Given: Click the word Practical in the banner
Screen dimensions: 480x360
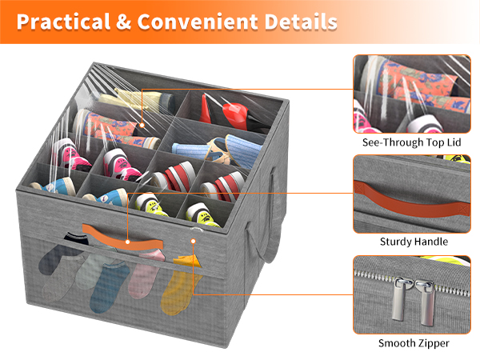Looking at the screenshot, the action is tap(64, 22).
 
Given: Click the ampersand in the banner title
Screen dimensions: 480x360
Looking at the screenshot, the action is tap(124, 22).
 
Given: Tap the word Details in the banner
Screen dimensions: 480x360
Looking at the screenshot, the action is tap(301, 22).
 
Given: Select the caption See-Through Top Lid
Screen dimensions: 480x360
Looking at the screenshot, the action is tap(412, 142).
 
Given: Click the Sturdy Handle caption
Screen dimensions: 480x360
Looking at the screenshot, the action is tap(414, 242).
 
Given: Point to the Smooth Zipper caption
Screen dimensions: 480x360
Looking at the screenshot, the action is tap(414, 343).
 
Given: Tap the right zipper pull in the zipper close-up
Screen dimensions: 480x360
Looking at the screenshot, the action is tap(426, 302).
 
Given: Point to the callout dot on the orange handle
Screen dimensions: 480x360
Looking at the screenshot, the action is tap(128, 242).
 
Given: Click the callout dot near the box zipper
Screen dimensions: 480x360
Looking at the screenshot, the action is tap(193, 242).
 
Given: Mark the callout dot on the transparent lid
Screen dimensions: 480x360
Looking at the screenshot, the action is tap(142, 126).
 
